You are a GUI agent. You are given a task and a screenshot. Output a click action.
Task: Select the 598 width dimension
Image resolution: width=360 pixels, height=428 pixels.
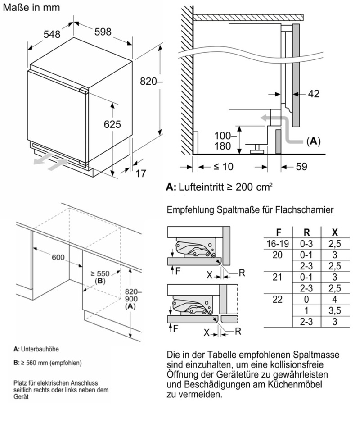(102, 32)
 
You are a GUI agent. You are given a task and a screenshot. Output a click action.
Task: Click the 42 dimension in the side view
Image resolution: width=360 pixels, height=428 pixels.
(314, 94)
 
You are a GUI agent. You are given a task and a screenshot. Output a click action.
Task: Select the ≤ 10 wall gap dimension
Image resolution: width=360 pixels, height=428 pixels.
(223, 167)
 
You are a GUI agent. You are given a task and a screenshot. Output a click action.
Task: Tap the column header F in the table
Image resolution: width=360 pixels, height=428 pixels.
(279, 232)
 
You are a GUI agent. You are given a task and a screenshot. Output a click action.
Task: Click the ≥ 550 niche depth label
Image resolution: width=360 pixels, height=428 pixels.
(100, 273)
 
